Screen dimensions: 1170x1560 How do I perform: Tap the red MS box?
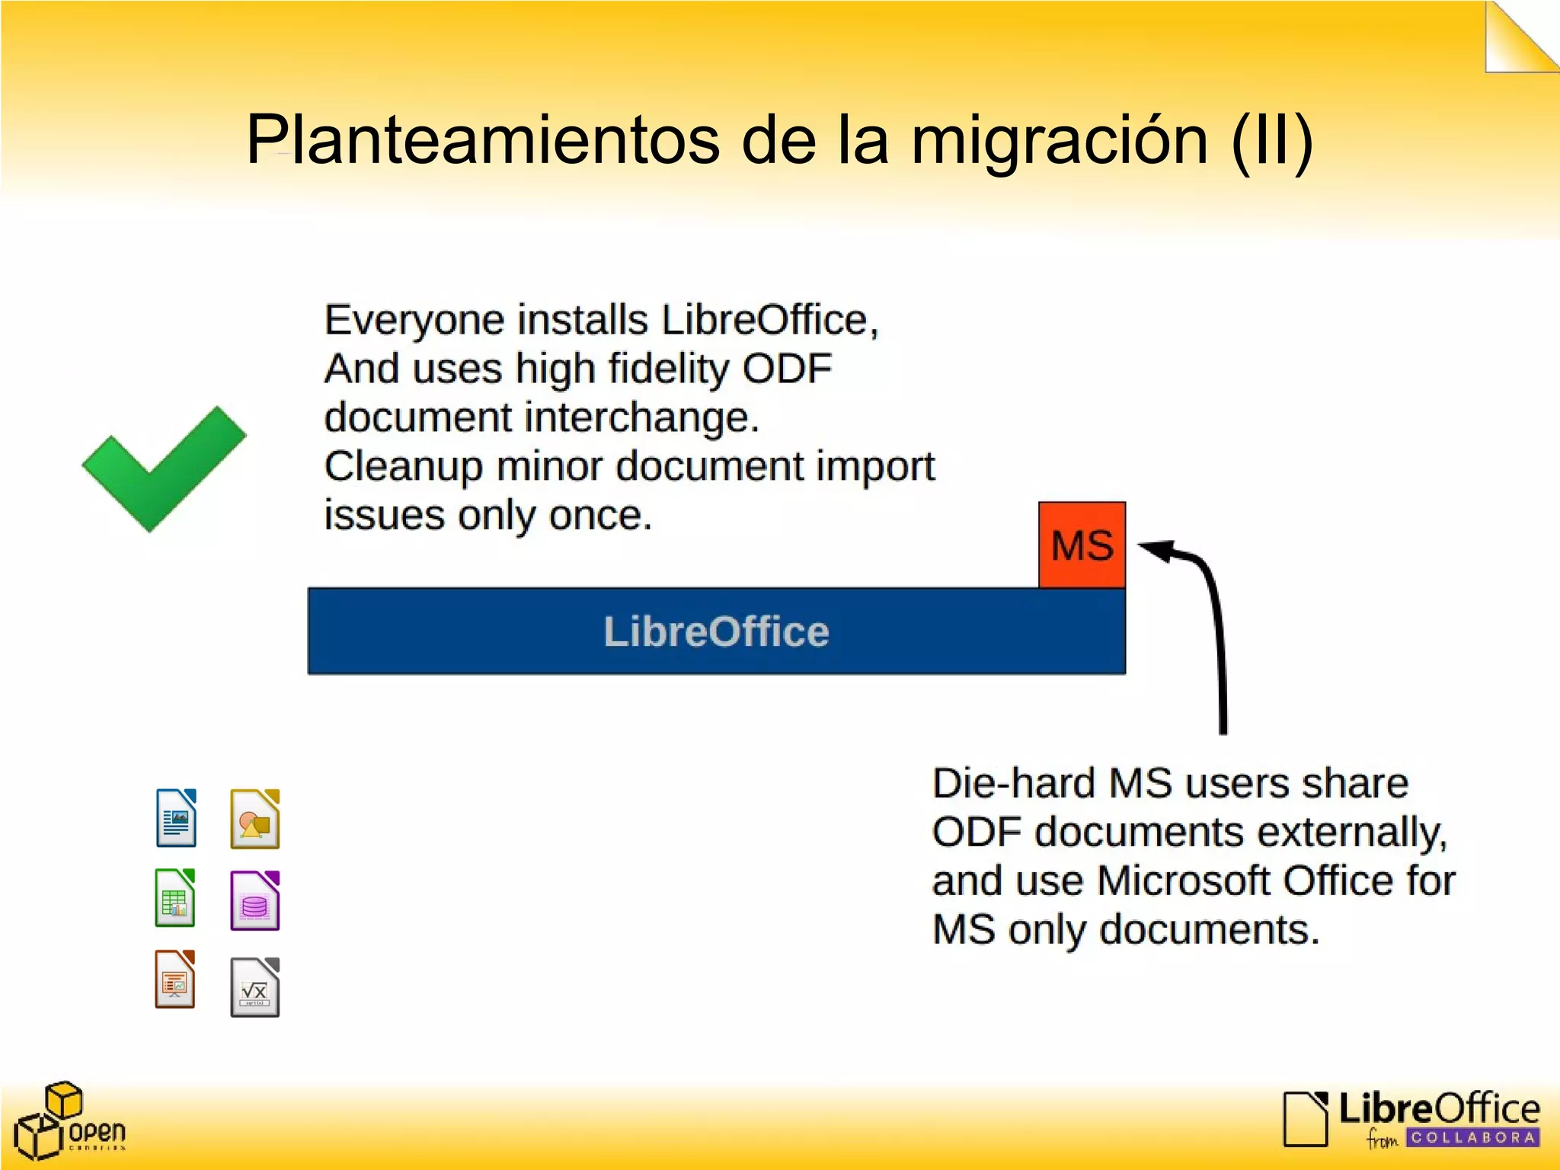click(x=1082, y=545)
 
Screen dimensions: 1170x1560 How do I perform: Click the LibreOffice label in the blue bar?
click(x=716, y=631)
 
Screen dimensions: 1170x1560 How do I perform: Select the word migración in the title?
click(x=1060, y=141)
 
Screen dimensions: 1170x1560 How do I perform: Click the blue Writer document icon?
click(x=176, y=818)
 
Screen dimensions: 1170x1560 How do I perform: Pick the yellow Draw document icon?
click(x=254, y=820)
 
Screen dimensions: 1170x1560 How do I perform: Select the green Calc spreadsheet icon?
click(x=175, y=898)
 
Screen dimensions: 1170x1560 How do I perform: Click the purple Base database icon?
click(x=254, y=901)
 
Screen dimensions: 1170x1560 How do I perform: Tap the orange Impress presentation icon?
click(x=175, y=980)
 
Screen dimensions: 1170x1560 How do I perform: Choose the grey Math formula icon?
click(x=254, y=987)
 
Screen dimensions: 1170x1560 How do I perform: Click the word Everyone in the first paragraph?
click(x=414, y=320)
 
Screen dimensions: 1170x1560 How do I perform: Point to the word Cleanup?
click(x=403, y=466)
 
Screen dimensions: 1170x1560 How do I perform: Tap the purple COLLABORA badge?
click(x=1472, y=1138)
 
